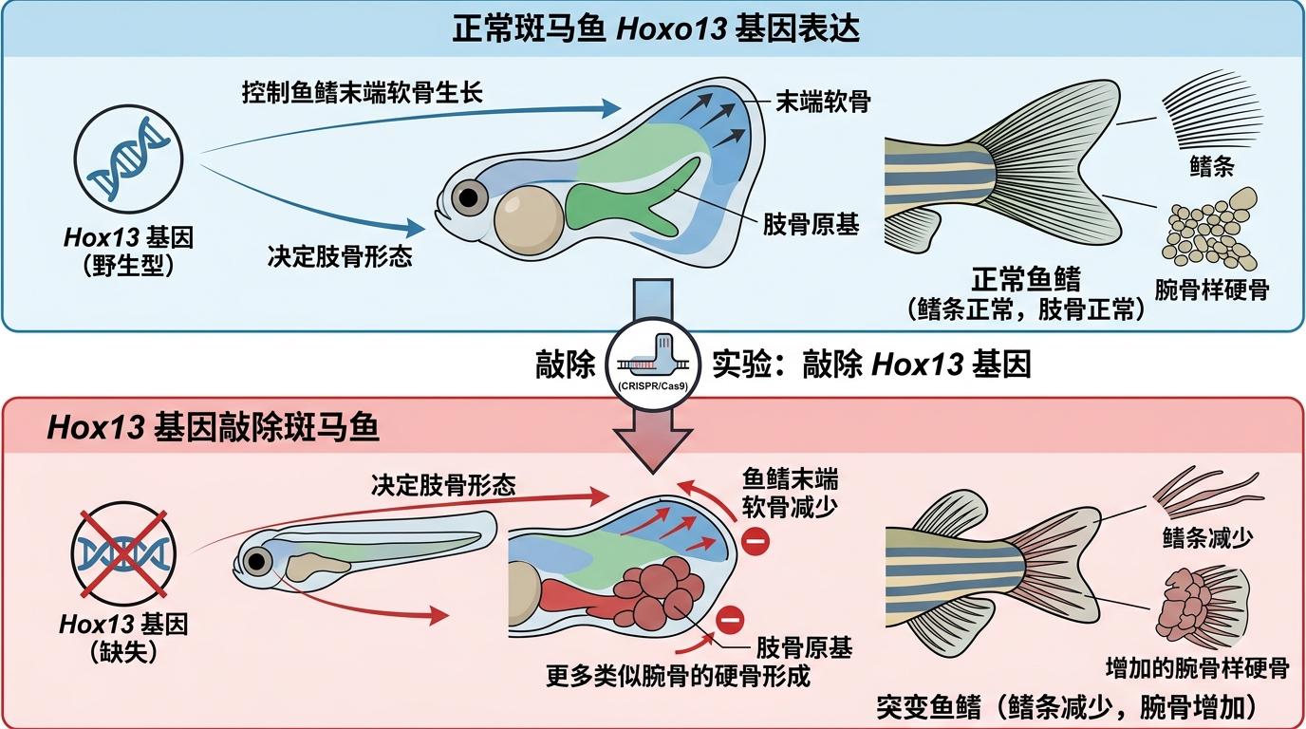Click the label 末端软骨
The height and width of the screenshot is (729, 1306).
[822, 102]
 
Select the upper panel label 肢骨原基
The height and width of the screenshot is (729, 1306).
[812, 224]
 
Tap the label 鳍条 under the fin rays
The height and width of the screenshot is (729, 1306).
[1211, 167]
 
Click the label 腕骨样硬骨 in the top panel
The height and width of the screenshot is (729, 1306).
[1211, 289]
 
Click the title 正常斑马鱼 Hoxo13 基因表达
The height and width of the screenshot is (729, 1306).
[655, 28]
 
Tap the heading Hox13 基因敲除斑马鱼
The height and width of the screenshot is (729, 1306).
[213, 428]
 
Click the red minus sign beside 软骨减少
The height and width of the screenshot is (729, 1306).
[756, 544]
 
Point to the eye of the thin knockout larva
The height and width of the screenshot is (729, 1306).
[256, 561]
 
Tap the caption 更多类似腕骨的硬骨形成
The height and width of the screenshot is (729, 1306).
[678, 677]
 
